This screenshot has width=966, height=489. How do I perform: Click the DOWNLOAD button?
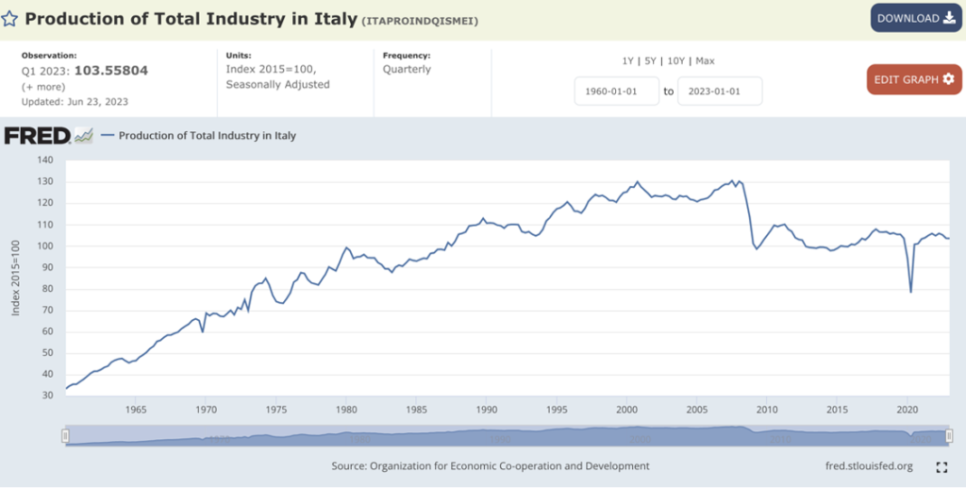pos(916,18)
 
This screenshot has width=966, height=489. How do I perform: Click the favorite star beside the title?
pos(8,19)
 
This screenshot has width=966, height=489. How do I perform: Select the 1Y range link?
pos(627,60)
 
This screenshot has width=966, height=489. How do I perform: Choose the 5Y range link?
pos(650,60)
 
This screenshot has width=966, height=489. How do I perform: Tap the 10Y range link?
pos(675,60)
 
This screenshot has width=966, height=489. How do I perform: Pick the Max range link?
pos(705,60)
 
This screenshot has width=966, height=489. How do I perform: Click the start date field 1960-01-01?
pos(617,92)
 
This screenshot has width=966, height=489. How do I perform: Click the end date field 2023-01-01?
pos(719,92)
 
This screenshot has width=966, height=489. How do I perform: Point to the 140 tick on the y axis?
pos(44,160)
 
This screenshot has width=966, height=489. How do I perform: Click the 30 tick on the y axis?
pos(47,396)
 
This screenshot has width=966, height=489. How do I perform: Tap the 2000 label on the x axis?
pos(625,410)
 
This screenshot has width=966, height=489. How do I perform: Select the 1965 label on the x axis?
pos(135,410)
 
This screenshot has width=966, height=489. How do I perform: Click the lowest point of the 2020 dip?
pos(910,292)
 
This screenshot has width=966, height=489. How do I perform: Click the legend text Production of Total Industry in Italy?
pos(207,136)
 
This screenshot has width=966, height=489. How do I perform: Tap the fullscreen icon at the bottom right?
pos(941,466)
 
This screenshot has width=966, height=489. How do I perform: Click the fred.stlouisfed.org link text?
pos(869,466)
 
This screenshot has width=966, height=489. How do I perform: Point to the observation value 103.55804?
pos(110,71)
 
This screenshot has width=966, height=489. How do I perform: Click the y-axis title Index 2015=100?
pos(16,278)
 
